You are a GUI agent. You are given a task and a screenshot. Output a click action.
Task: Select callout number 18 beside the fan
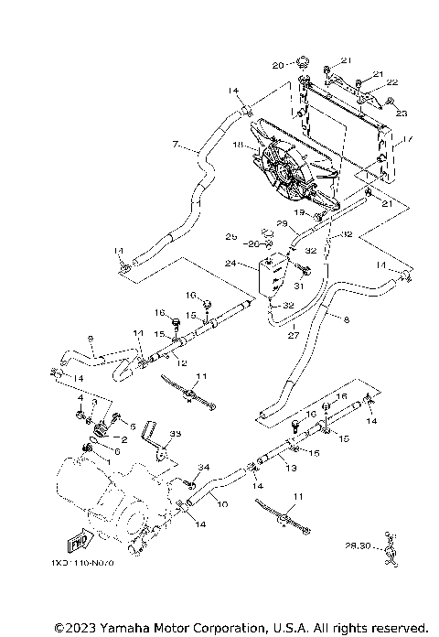[239, 146]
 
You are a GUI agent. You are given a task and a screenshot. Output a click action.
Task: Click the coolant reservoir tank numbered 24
[271, 276]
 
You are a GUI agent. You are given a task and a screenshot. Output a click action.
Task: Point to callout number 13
[292, 468]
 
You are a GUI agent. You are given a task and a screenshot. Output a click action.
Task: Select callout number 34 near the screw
[203, 468]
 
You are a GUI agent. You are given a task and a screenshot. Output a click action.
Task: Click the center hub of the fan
[292, 177]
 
